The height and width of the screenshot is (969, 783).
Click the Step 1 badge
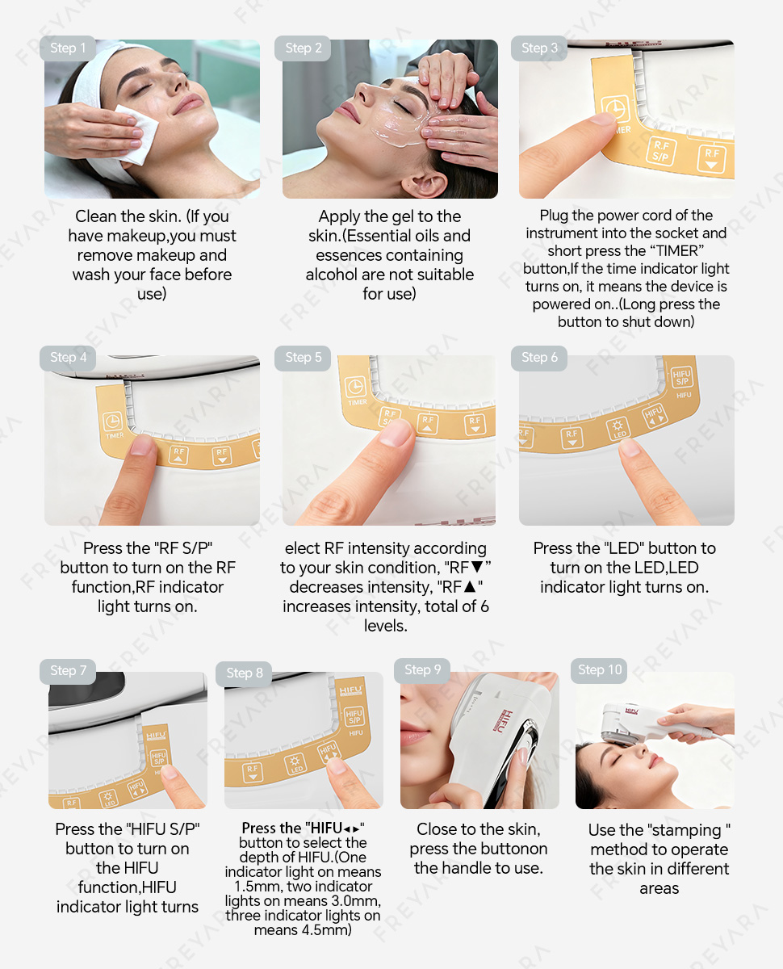68,48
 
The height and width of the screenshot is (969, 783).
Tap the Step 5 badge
303,358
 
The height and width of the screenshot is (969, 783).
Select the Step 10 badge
599,670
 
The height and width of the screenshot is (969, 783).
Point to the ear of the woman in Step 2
424,185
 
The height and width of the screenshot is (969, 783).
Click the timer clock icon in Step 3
615,110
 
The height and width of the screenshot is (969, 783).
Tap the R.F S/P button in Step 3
661,151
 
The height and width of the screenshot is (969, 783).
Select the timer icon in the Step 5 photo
355,387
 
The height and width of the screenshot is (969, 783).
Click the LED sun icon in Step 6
618,426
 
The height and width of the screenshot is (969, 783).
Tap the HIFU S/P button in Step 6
682,377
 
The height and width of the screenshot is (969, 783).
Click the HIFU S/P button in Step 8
354,716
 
